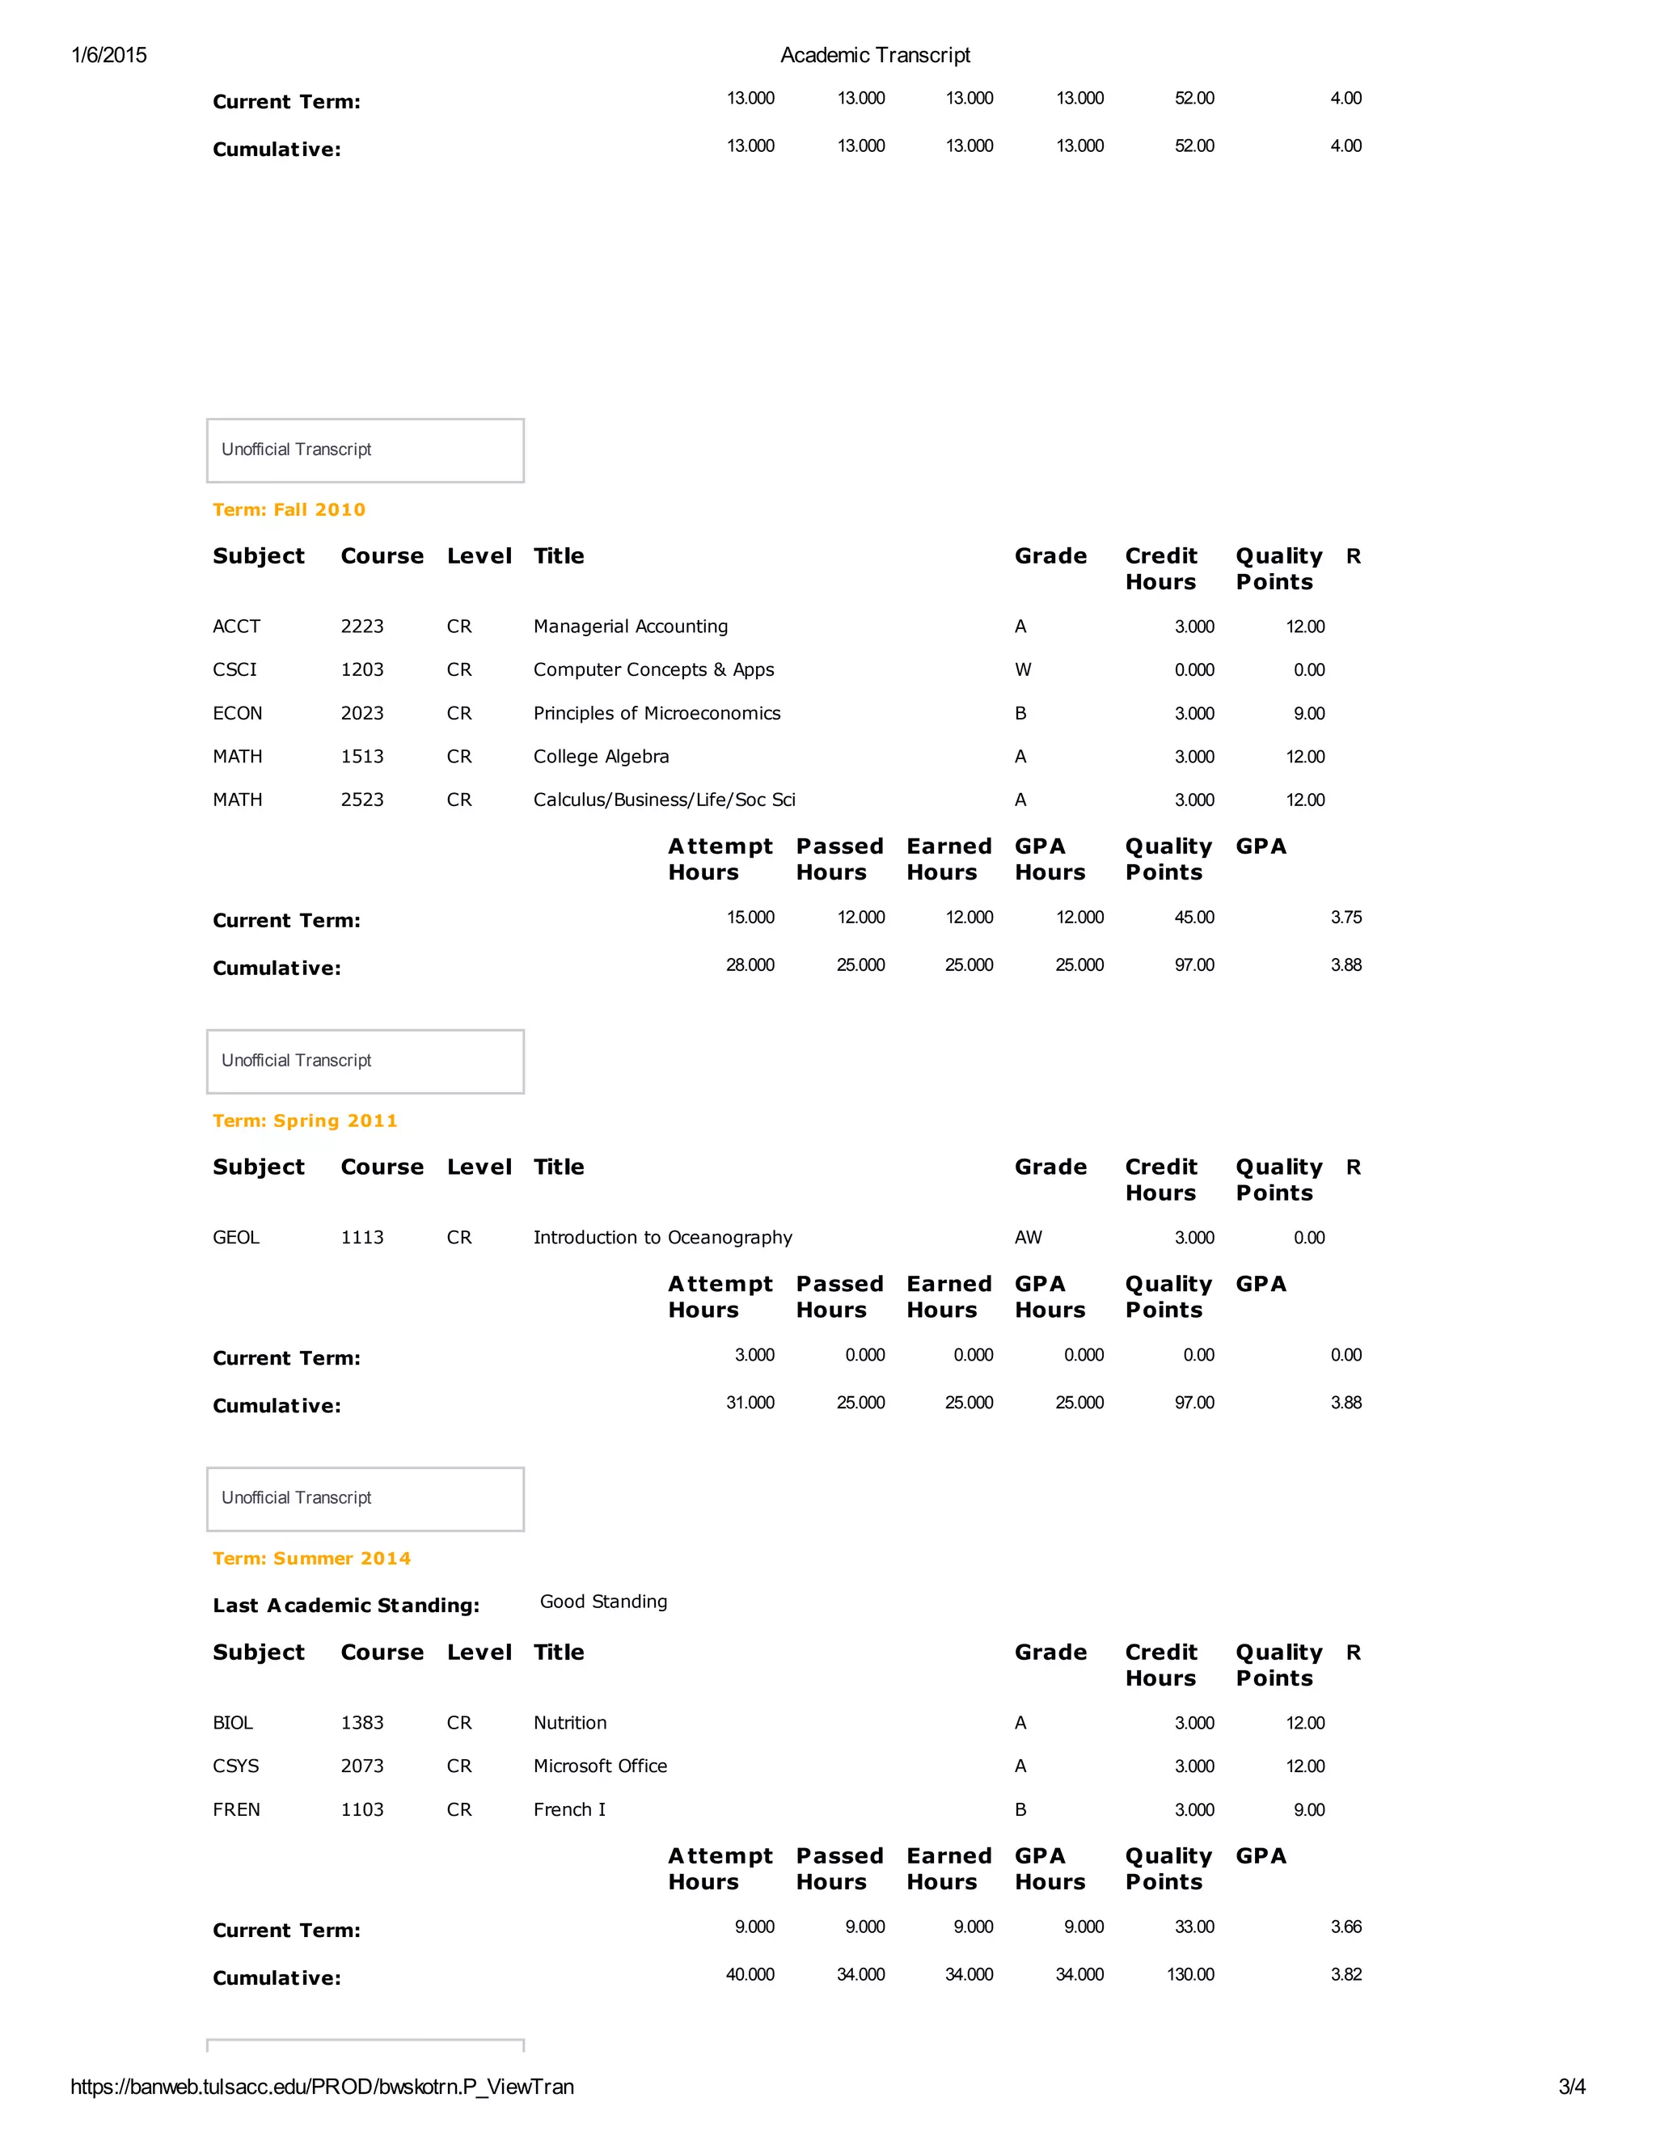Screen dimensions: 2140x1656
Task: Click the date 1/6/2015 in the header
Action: (x=109, y=55)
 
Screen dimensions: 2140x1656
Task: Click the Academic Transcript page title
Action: (x=875, y=55)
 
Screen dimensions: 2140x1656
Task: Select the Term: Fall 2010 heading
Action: (x=289, y=509)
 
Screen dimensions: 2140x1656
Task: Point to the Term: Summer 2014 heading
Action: (x=311, y=1558)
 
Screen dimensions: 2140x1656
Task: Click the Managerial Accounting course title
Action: (x=630, y=626)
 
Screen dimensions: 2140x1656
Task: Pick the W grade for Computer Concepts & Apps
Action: (x=1023, y=669)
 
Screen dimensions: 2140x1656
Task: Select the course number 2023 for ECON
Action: (x=362, y=713)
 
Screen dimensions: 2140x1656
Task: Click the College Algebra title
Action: (x=601, y=757)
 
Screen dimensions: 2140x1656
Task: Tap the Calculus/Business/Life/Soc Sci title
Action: (x=665, y=800)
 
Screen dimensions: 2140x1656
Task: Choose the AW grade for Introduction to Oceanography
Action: (x=1028, y=1238)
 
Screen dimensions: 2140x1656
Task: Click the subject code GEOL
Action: (x=236, y=1238)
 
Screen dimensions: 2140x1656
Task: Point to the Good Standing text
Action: (x=603, y=1601)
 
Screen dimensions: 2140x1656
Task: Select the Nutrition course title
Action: (x=570, y=1723)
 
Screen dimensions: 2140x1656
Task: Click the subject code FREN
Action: (x=236, y=1810)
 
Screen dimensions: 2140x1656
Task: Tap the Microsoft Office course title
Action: (x=600, y=1766)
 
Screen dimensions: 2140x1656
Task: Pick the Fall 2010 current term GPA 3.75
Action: (x=1345, y=917)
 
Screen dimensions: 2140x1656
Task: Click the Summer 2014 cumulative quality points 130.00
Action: (x=1189, y=1974)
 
